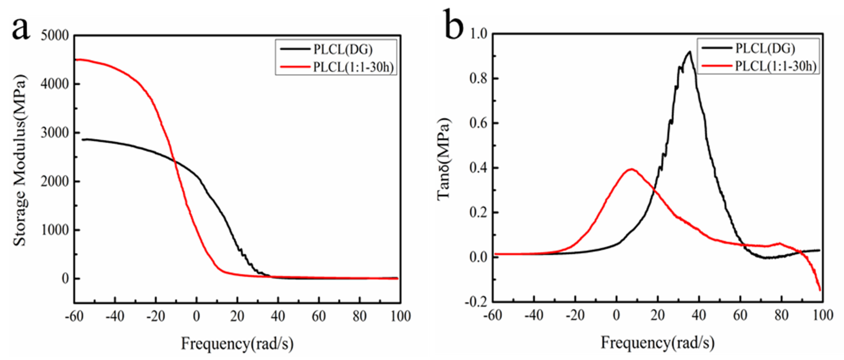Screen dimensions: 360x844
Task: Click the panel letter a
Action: click(21, 29)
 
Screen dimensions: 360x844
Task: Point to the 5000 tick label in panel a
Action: click(55, 35)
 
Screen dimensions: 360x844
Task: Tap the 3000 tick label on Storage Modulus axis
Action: click(55, 133)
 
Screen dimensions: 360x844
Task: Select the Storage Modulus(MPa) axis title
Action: click(20, 160)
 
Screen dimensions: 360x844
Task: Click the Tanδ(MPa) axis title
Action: click(444, 159)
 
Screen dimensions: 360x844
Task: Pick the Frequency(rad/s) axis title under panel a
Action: click(237, 344)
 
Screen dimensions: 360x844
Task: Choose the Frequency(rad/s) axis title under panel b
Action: click(657, 343)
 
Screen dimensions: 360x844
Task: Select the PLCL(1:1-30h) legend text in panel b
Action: click(775, 66)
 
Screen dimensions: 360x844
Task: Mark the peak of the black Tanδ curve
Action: click(690, 52)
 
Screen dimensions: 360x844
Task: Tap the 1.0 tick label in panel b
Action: click(478, 34)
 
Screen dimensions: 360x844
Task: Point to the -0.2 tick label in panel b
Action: click(476, 302)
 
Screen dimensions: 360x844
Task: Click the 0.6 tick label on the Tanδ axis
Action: click(478, 123)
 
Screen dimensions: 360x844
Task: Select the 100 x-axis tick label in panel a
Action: click(400, 316)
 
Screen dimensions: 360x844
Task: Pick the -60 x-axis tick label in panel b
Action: click(493, 315)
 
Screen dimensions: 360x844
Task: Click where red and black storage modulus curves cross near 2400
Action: click(174, 160)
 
